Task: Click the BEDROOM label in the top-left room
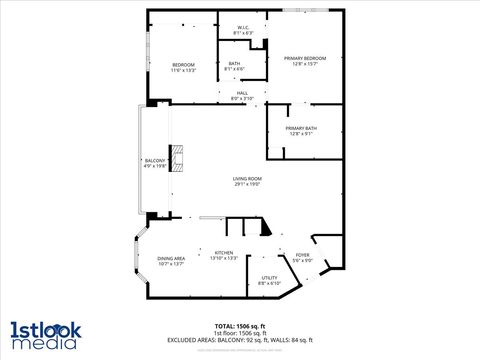(183, 65)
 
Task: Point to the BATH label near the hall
(234, 64)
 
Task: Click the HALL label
(242, 93)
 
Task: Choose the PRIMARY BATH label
(301, 128)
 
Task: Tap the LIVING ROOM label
(247, 178)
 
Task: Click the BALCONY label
(154, 160)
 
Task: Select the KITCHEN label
(224, 253)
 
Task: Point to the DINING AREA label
(171, 259)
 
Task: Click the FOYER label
(302, 255)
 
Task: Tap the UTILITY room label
(269, 278)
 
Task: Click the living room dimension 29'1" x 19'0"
(247, 184)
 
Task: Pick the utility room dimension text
(269, 284)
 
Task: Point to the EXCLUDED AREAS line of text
(240, 340)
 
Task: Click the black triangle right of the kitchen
(265, 229)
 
